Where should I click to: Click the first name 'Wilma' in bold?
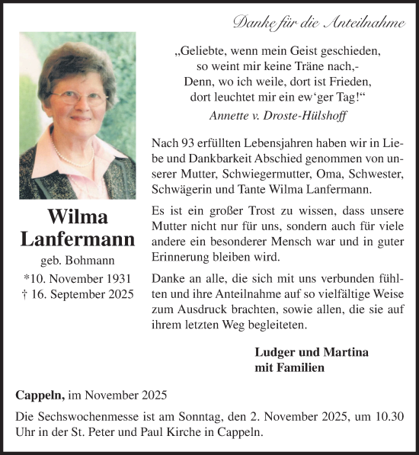pyautogui.click(x=76, y=216)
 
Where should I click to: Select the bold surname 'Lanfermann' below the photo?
pyautogui.click(x=76, y=240)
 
